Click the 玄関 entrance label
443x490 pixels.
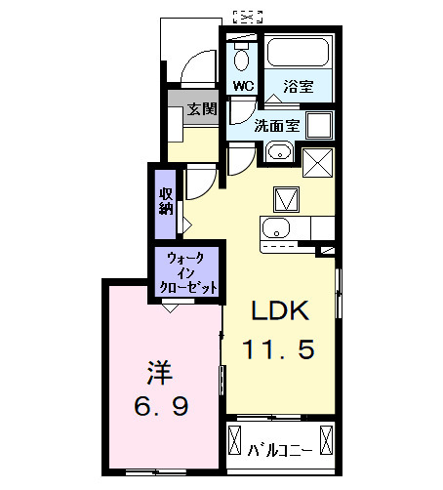coord(202,108)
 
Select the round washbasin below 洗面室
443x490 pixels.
coord(277,152)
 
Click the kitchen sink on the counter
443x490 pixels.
coord(274,229)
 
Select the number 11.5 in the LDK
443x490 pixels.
coord(280,348)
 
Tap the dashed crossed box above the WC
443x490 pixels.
coord(249,16)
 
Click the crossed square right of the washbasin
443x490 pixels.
coord(318,161)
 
